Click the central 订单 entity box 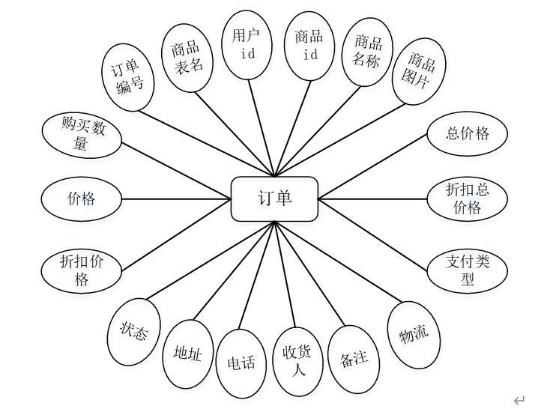point(274,199)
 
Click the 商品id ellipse point(309,44)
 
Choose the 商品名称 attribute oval point(366,52)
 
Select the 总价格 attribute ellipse point(467,133)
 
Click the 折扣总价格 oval point(467,199)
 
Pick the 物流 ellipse point(413,334)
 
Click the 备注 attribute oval point(354,359)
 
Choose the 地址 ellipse point(187,353)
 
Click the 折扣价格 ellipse point(82,270)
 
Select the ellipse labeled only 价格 point(82,199)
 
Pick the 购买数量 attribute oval point(81,135)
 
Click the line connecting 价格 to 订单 point(176,199)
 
